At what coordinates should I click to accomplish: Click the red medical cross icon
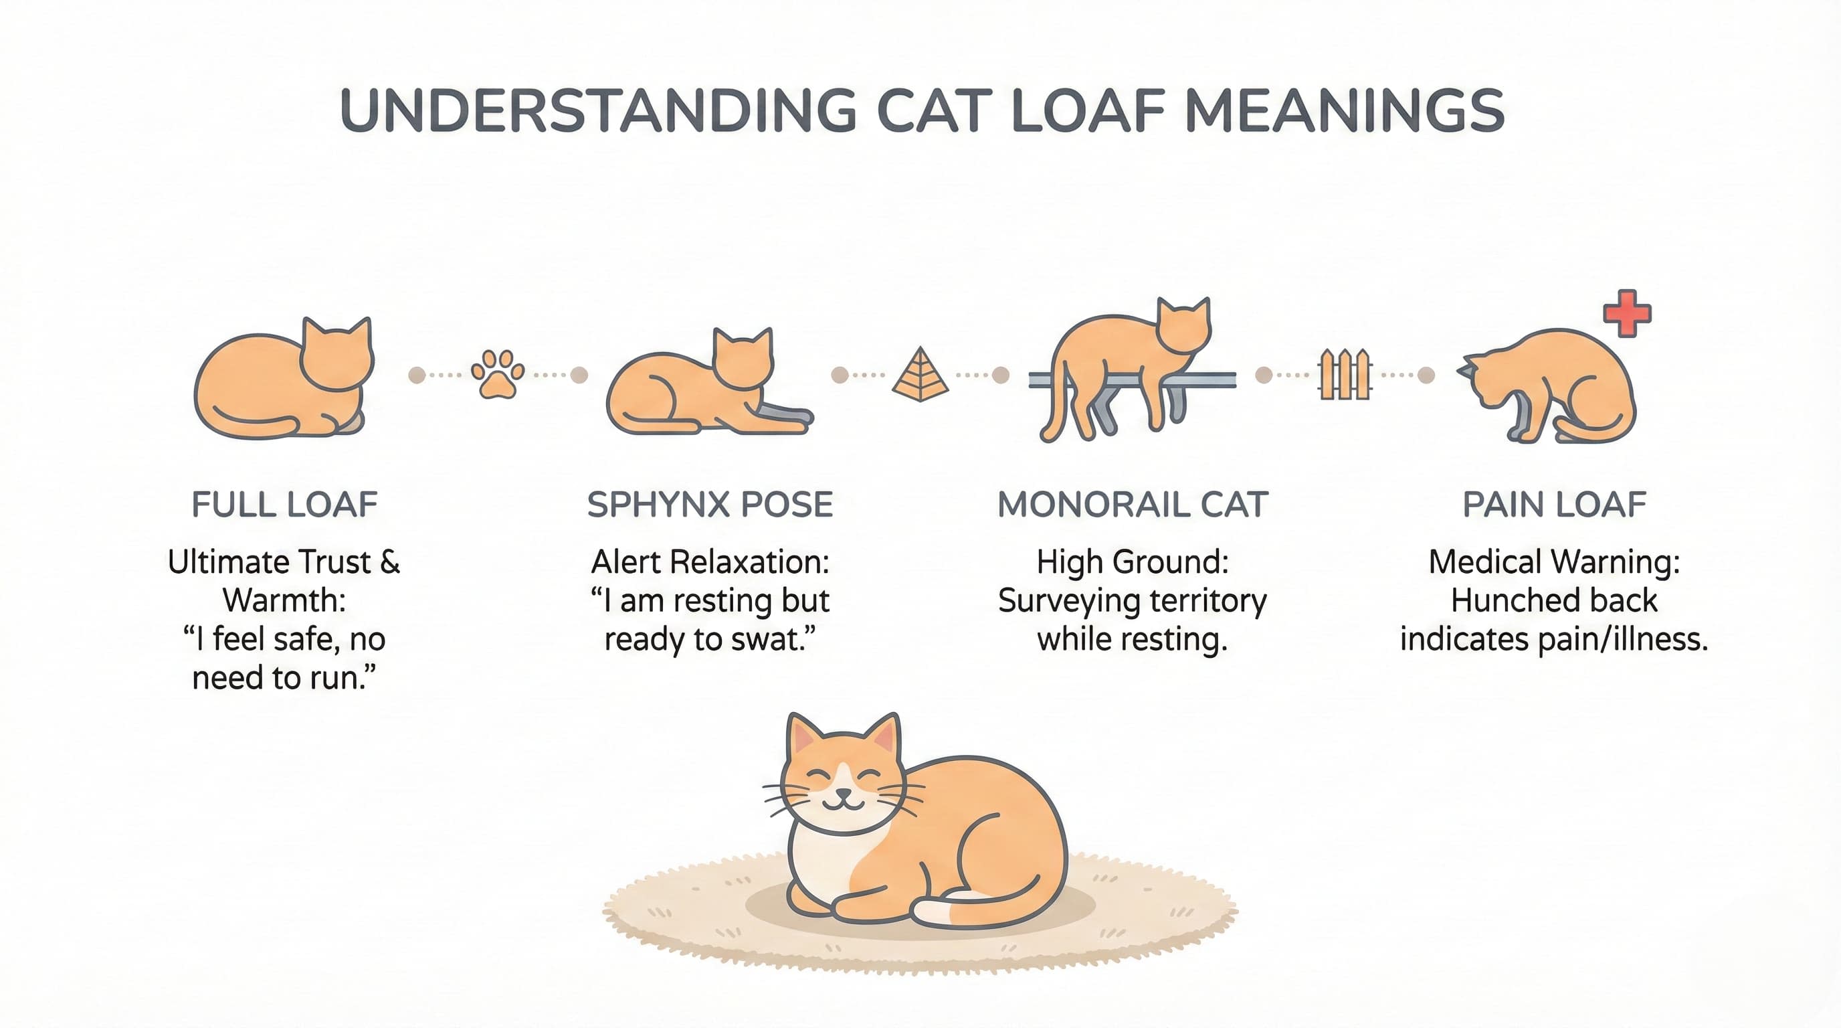[x=1627, y=313]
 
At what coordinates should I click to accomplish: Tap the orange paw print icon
[x=498, y=374]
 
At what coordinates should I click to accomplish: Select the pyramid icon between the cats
[x=920, y=374]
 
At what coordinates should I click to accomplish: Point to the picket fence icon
[x=1345, y=374]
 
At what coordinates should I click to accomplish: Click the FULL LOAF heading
[x=284, y=505]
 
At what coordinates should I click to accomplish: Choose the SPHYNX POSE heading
[x=710, y=505]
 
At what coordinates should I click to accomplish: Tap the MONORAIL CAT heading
[x=1133, y=505]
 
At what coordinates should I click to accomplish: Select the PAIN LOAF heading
[x=1555, y=505]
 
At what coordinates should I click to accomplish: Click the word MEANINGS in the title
[x=1345, y=111]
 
